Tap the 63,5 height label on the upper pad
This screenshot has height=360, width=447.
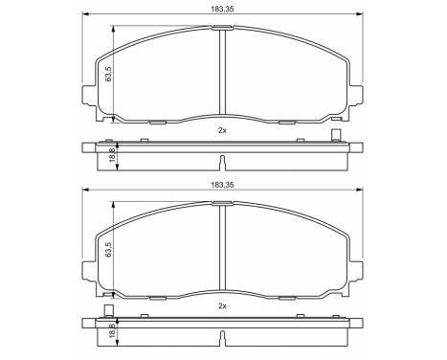[x=109, y=74]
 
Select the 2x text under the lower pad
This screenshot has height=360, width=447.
[x=222, y=305]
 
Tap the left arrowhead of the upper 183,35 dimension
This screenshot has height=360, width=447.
[x=83, y=15]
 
